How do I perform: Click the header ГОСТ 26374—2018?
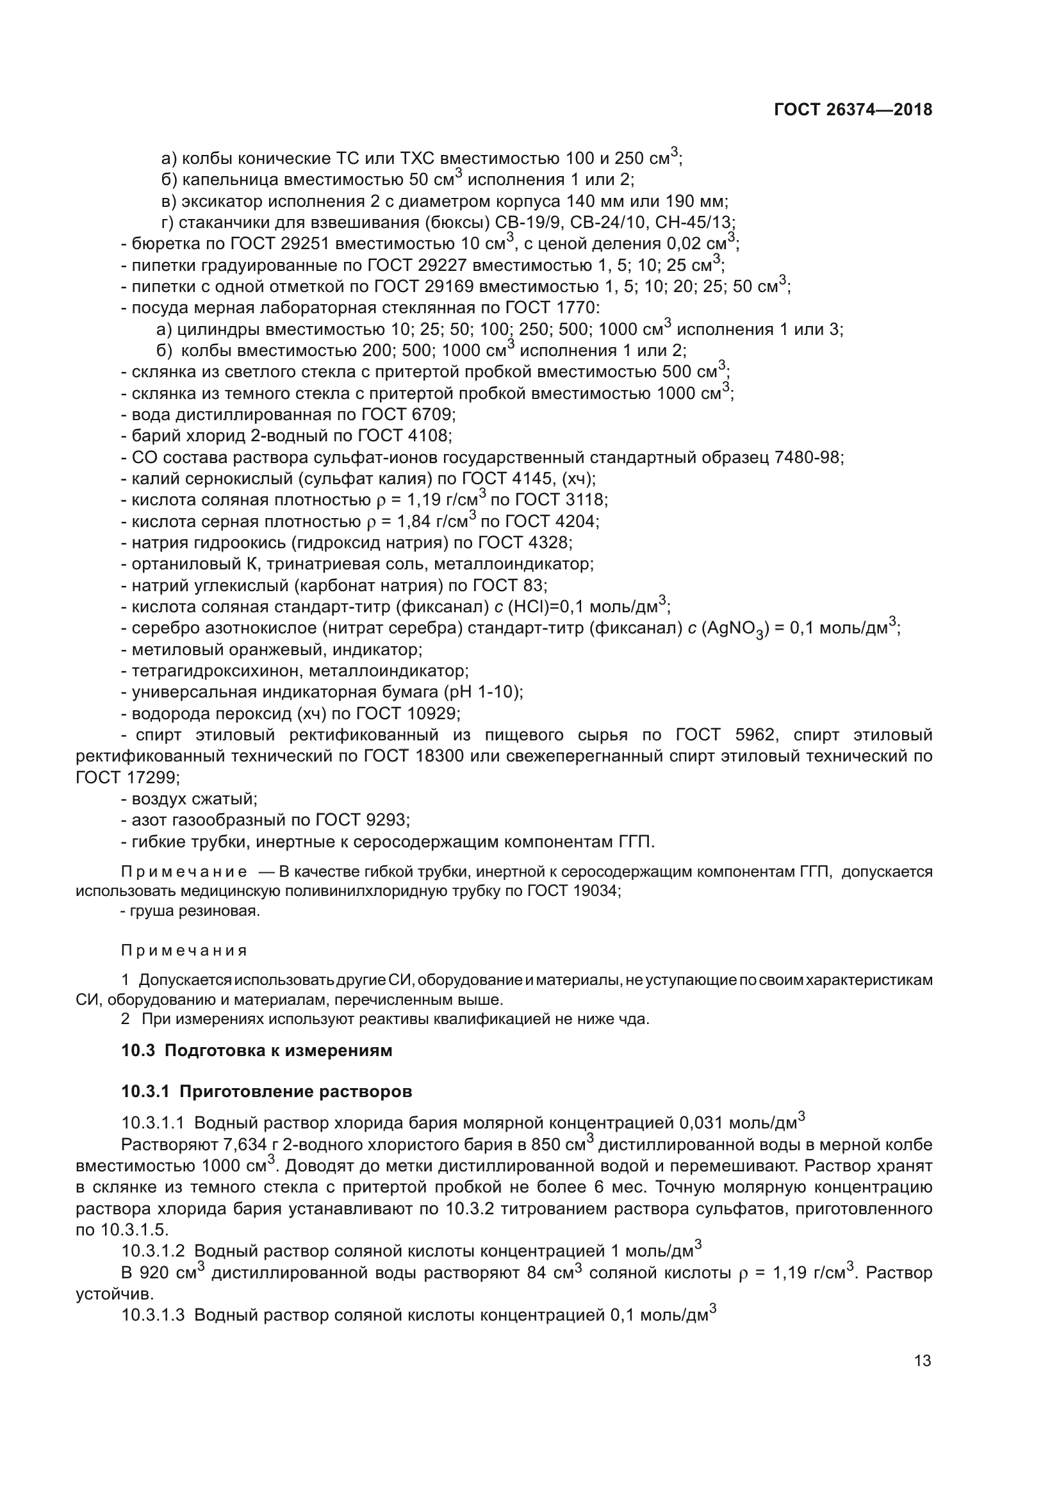(853, 110)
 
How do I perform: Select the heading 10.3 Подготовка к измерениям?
(257, 1051)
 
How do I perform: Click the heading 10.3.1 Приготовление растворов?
(267, 1092)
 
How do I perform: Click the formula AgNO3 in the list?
(735, 629)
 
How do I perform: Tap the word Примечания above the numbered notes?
(184, 950)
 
